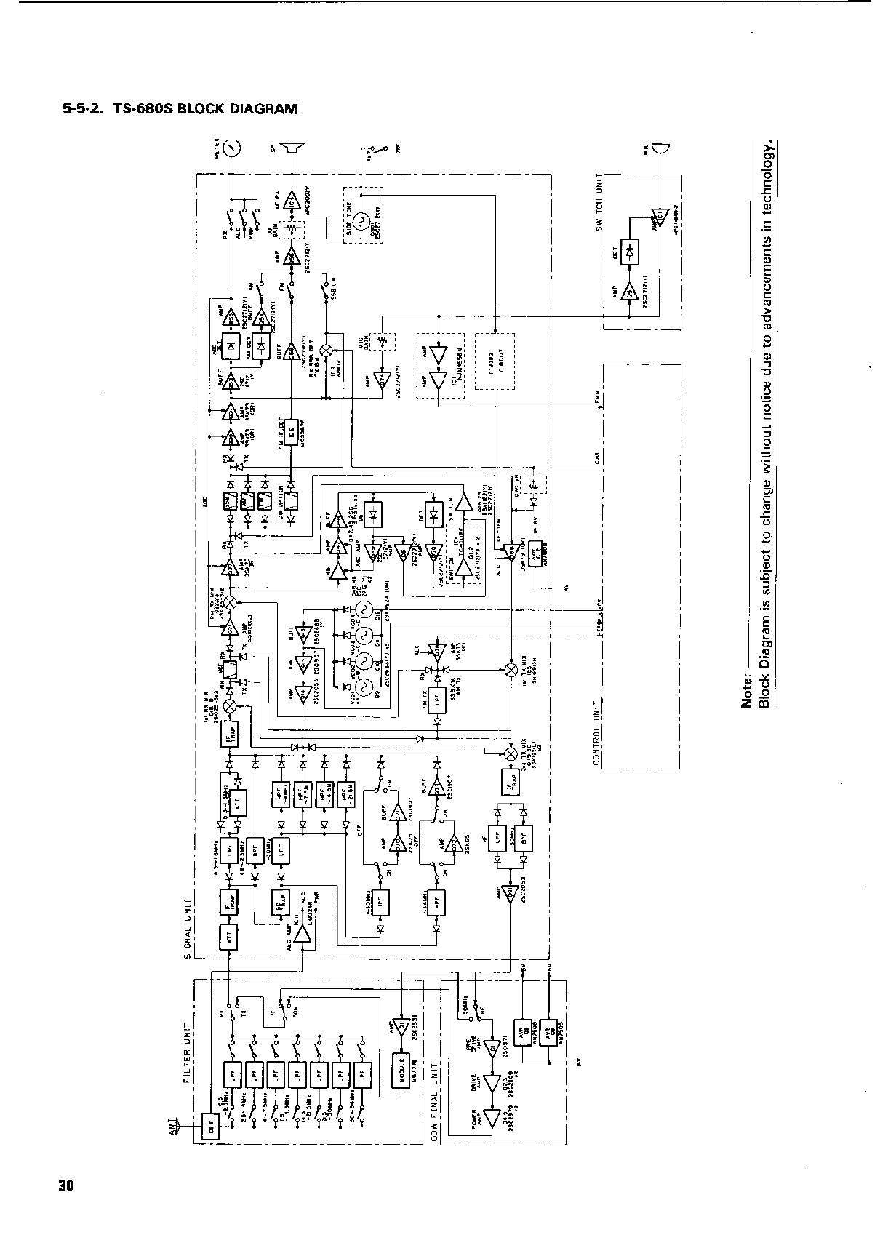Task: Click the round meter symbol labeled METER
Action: pos(232,149)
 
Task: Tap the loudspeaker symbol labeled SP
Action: pos(293,149)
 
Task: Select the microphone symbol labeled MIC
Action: pos(660,150)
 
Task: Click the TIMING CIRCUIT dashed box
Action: pos(495,361)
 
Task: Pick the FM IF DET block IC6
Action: pos(289,435)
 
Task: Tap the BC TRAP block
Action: pos(280,902)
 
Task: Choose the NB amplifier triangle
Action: pos(337,572)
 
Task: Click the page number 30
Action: pos(65,1186)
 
